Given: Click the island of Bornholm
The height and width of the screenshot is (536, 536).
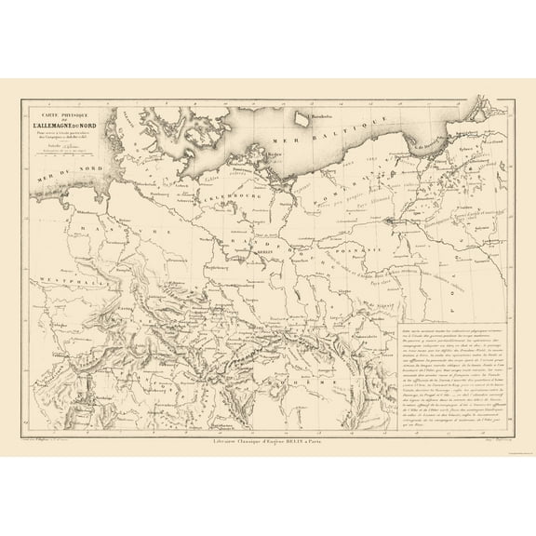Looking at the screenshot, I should pyautogui.click(x=301, y=116).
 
